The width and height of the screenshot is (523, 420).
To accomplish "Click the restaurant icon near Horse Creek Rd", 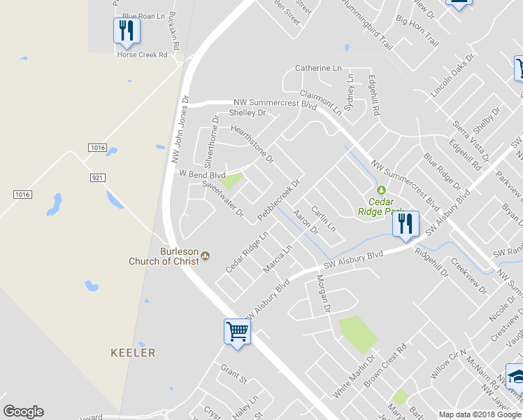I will pos(126,31).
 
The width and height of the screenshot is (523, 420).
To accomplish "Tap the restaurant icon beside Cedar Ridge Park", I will pos(405,225).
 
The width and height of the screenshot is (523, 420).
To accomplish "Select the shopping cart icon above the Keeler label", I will pos(237,332).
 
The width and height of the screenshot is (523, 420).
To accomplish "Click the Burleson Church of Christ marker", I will pos(205,255).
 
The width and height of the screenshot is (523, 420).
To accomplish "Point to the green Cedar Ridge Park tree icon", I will pos(381,190).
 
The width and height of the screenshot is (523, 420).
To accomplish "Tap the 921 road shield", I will pos(97,178).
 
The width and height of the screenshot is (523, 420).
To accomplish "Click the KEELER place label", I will pos(133,353).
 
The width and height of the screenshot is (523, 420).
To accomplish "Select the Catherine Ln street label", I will pos(318,68).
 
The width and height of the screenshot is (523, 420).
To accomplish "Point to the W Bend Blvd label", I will pos(202,174).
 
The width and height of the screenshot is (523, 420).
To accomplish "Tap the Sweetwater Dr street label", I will pos(222,198).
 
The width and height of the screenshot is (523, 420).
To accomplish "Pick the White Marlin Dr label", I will pos(354,377).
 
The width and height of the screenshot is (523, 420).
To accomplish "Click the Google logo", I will pos(23,412).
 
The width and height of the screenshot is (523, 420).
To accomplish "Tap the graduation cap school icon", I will pos(516,376).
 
